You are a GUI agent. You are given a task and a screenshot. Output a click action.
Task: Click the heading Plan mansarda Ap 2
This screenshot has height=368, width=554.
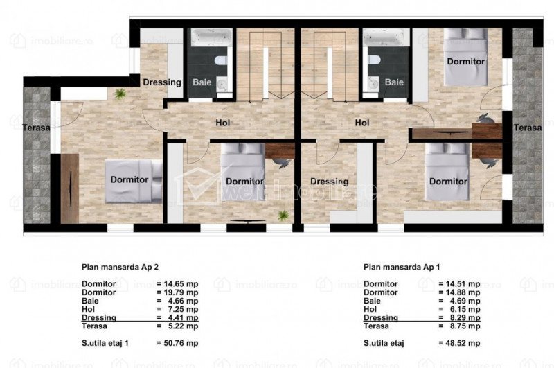click(x=120, y=267)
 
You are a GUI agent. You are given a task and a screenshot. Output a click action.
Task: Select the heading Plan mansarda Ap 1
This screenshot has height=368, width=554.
click(x=402, y=267)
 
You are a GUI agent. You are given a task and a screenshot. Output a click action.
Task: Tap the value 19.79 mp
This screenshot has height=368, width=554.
click(x=181, y=292)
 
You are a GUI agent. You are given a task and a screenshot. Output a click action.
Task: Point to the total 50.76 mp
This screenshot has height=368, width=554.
click(x=181, y=343)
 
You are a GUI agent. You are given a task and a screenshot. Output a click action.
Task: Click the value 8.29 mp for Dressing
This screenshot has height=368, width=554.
click(x=465, y=318)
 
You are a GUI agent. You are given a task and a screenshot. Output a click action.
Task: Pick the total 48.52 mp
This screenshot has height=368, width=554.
click(x=463, y=343)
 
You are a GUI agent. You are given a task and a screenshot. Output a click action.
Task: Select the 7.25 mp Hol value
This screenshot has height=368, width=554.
click(x=183, y=309)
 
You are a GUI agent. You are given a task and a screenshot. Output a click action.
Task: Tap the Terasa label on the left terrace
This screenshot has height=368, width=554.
click(x=37, y=128)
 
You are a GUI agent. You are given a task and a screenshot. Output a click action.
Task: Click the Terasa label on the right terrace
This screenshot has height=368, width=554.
click(x=528, y=128)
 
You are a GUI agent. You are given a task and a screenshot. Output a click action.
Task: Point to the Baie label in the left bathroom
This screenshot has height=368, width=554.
click(x=202, y=82)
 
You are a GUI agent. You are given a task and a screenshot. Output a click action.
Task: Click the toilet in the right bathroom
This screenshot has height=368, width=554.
click(x=373, y=60)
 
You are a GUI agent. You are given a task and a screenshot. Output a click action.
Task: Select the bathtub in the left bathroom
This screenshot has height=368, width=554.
click(x=212, y=37)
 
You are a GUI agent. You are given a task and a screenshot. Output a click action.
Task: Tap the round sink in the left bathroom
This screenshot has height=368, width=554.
click(x=222, y=84)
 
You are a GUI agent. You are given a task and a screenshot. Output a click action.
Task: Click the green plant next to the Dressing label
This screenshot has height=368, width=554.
click(x=120, y=94)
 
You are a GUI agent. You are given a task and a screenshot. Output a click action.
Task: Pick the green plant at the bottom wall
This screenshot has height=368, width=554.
click(x=283, y=216)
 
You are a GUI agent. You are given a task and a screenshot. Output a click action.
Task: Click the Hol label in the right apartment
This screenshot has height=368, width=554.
click(x=362, y=123)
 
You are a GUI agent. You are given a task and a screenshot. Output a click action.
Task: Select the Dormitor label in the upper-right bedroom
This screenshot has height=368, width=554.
click(x=465, y=62)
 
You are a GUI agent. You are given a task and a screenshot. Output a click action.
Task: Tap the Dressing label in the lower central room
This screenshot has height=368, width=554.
click(x=330, y=182)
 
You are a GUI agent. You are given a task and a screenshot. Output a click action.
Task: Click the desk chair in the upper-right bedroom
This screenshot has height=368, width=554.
click(x=486, y=119)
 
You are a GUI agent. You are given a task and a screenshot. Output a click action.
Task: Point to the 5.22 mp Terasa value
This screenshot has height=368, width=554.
click(x=183, y=326)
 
